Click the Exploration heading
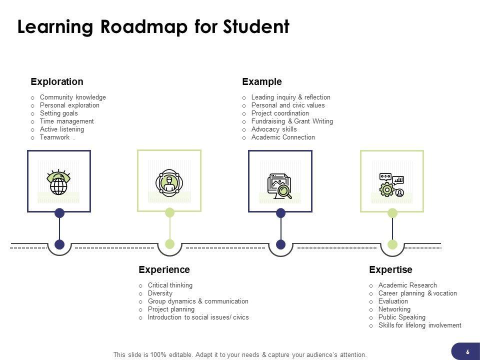point(57,81)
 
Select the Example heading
point(262,81)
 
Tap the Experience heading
point(164,270)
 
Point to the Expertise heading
point(390,270)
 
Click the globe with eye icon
point(58,183)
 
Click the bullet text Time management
point(66,121)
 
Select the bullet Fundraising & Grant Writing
point(292,121)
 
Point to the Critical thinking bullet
point(170,285)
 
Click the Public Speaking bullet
point(402,317)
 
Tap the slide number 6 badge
point(467,351)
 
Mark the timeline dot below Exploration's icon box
point(59,244)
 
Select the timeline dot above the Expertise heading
point(392,244)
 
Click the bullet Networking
point(394,309)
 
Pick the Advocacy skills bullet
point(274,129)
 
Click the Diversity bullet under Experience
point(160,293)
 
